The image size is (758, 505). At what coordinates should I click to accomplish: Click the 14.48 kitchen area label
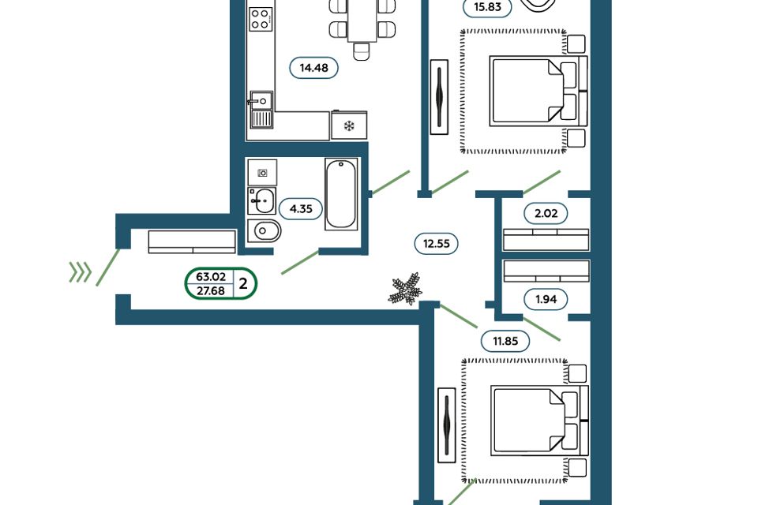click(x=313, y=68)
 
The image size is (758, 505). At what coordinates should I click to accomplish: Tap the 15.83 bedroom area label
click(x=487, y=7)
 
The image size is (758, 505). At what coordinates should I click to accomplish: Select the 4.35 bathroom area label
click(x=301, y=209)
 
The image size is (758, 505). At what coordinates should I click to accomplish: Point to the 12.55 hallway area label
click(x=436, y=244)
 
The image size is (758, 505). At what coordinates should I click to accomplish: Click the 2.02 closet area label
click(x=546, y=213)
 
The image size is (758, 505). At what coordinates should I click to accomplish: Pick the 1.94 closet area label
click(x=546, y=299)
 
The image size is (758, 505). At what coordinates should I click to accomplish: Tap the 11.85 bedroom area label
click(x=505, y=341)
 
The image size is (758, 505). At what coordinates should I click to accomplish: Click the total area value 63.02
click(x=211, y=277)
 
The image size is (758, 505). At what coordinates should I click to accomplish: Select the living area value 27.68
click(x=211, y=290)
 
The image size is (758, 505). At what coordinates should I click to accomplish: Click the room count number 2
click(x=243, y=284)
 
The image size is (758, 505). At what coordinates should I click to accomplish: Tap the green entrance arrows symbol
click(x=81, y=272)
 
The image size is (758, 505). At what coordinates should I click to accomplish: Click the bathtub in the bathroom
click(x=341, y=194)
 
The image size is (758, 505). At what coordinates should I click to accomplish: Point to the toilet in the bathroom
click(x=264, y=231)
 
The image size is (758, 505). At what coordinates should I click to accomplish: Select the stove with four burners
click(x=261, y=19)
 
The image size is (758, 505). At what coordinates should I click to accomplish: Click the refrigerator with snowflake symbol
click(x=349, y=125)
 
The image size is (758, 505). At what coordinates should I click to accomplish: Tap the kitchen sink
click(x=261, y=110)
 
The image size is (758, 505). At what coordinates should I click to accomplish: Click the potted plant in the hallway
click(x=406, y=289)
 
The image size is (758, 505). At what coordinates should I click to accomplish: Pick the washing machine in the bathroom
click(x=262, y=173)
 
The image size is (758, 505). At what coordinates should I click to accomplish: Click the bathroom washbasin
click(x=262, y=201)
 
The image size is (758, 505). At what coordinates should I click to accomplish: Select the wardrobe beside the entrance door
click(x=192, y=241)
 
